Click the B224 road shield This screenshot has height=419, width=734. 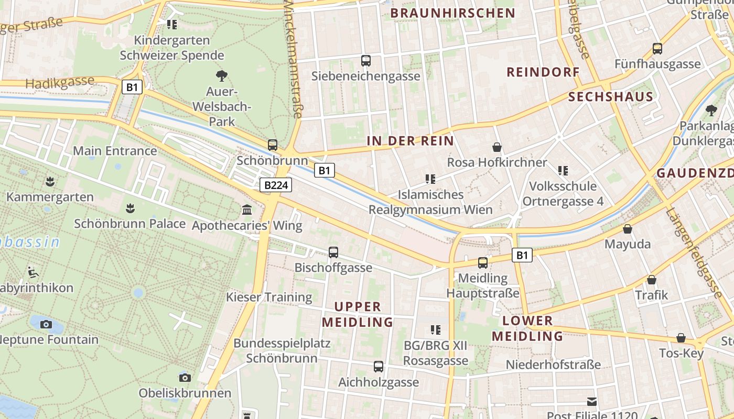point(275,185)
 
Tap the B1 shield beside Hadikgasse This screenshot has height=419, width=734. point(132,87)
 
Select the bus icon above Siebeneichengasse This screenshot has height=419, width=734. point(366,61)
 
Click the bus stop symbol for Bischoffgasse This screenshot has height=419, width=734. point(333,252)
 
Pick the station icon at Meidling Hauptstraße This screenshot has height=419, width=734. point(483,263)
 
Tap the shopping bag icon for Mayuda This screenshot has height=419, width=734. point(627,229)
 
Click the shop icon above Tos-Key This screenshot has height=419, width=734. point(681,338)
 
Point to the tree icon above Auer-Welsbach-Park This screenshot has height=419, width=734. point(222,76)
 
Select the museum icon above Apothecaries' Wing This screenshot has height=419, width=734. point(247,210)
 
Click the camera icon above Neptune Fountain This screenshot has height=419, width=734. point(46,324)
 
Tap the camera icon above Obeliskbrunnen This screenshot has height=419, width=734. point(185,378)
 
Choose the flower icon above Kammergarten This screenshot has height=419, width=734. point(50,182)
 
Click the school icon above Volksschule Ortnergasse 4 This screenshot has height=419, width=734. point(563,170)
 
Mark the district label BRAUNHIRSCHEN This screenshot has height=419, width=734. point(453,13)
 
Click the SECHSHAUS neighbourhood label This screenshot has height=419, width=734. point(611,97)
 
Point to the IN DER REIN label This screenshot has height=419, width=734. point(410,141)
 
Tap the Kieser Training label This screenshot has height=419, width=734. point(269,297)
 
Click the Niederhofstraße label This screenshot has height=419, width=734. point(553,365)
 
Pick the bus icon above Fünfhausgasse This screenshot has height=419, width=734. point(657,49)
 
